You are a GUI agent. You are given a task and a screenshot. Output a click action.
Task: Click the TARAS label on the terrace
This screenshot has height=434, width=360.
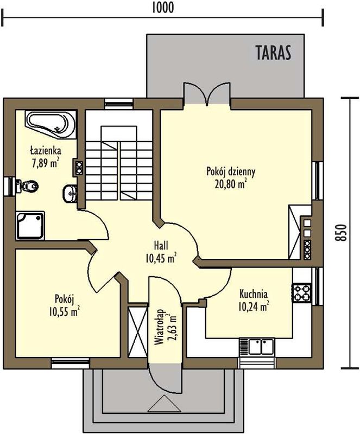[x=273, y=53]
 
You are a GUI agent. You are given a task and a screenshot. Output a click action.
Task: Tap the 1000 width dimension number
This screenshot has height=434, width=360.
[x=163, y=8]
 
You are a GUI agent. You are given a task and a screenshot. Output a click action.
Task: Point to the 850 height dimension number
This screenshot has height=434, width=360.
[x=341, y=233]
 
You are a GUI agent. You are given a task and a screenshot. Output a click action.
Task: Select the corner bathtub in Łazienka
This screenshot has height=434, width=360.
[x=50, y=124]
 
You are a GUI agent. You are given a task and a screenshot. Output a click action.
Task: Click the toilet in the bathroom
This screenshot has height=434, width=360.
[x=27, y=186]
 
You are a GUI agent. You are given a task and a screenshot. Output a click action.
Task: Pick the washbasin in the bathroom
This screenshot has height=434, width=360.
[x=70, y=194]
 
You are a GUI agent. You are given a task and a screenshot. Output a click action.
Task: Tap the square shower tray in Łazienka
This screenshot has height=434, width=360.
[x=30, y=226]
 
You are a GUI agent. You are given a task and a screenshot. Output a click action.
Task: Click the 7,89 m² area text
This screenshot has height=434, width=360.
[x=46, y=163]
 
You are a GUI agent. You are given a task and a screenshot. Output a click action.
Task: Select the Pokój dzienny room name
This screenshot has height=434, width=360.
[x=231, y=171]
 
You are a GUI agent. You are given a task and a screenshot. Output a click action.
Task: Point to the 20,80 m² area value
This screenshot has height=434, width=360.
[x=231, y=184]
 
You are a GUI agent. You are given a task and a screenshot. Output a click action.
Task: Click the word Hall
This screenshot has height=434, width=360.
[x=161, y=245]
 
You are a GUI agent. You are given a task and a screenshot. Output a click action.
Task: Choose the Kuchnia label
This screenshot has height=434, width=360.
[x=254, y=293]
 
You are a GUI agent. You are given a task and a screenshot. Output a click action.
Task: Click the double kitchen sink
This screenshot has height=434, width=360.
[x=257, y=347]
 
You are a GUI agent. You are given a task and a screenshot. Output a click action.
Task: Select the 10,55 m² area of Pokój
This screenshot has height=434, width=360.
[x=64, y=312]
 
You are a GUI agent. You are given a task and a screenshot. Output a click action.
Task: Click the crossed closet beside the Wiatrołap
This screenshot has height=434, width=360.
[x=138, y=331]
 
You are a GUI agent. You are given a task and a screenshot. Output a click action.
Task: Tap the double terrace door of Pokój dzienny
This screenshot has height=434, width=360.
[x=207, y=93]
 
